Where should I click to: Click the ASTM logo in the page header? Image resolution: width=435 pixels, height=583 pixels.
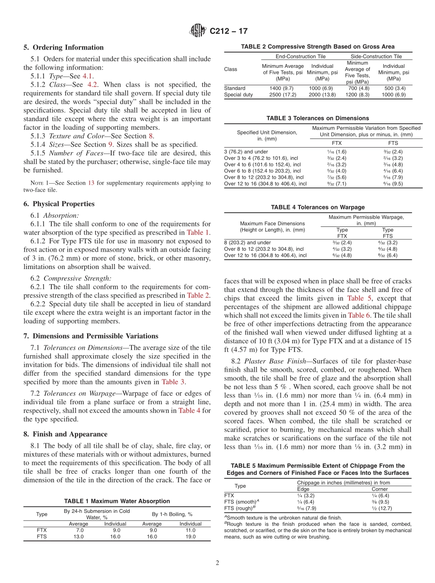[x=198, y=31]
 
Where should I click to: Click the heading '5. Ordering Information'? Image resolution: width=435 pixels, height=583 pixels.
[x=64, y=48]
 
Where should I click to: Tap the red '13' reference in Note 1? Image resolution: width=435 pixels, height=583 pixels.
[x=91, y=183]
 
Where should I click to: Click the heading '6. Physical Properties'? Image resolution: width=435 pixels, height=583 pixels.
[x=59, y=204]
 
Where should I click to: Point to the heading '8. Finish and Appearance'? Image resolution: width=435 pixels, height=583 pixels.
[x=65, y=434]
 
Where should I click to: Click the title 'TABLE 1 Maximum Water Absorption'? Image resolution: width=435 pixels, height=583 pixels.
[x=117, y=501]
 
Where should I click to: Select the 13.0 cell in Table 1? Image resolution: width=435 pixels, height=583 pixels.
[x=78, y=536]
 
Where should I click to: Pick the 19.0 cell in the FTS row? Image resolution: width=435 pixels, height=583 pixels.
[x=190, y=536]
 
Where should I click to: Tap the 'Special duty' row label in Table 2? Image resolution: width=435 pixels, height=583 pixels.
[x=238, y=94]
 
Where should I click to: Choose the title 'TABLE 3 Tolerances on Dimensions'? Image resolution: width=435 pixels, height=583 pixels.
[x=317, y=118]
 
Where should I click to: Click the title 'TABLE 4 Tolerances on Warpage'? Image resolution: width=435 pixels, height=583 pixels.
[x=318, y=207]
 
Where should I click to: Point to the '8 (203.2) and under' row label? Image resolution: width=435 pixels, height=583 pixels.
[x=247, y=242]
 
